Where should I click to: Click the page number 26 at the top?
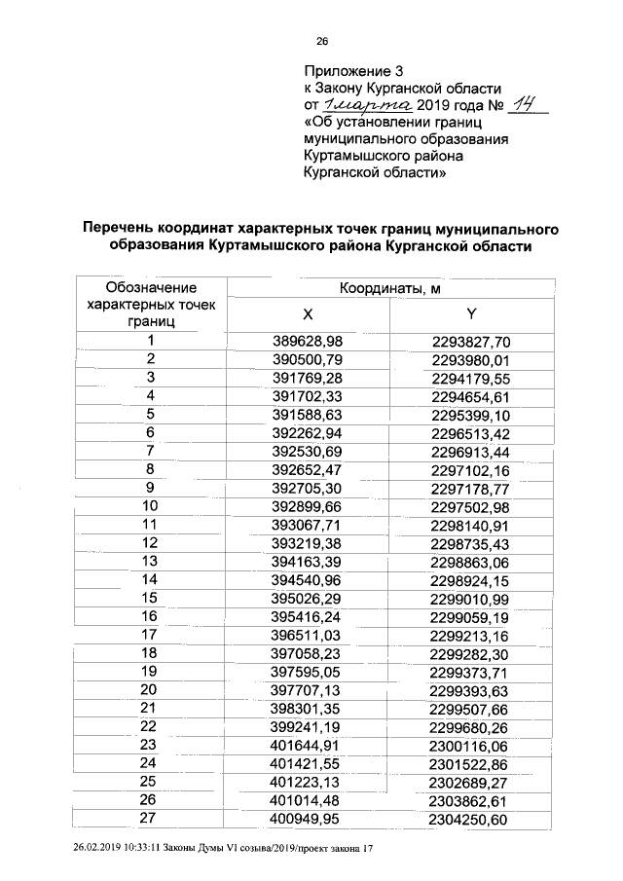323,40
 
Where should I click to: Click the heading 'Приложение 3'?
353,71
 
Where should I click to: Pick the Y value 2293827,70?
470,342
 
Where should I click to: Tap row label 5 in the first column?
151,414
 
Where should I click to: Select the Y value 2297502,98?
470,506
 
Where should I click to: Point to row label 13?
151,562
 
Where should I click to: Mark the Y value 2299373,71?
470,672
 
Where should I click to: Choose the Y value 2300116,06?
470,745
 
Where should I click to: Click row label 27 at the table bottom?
151,819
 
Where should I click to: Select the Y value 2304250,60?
470,819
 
